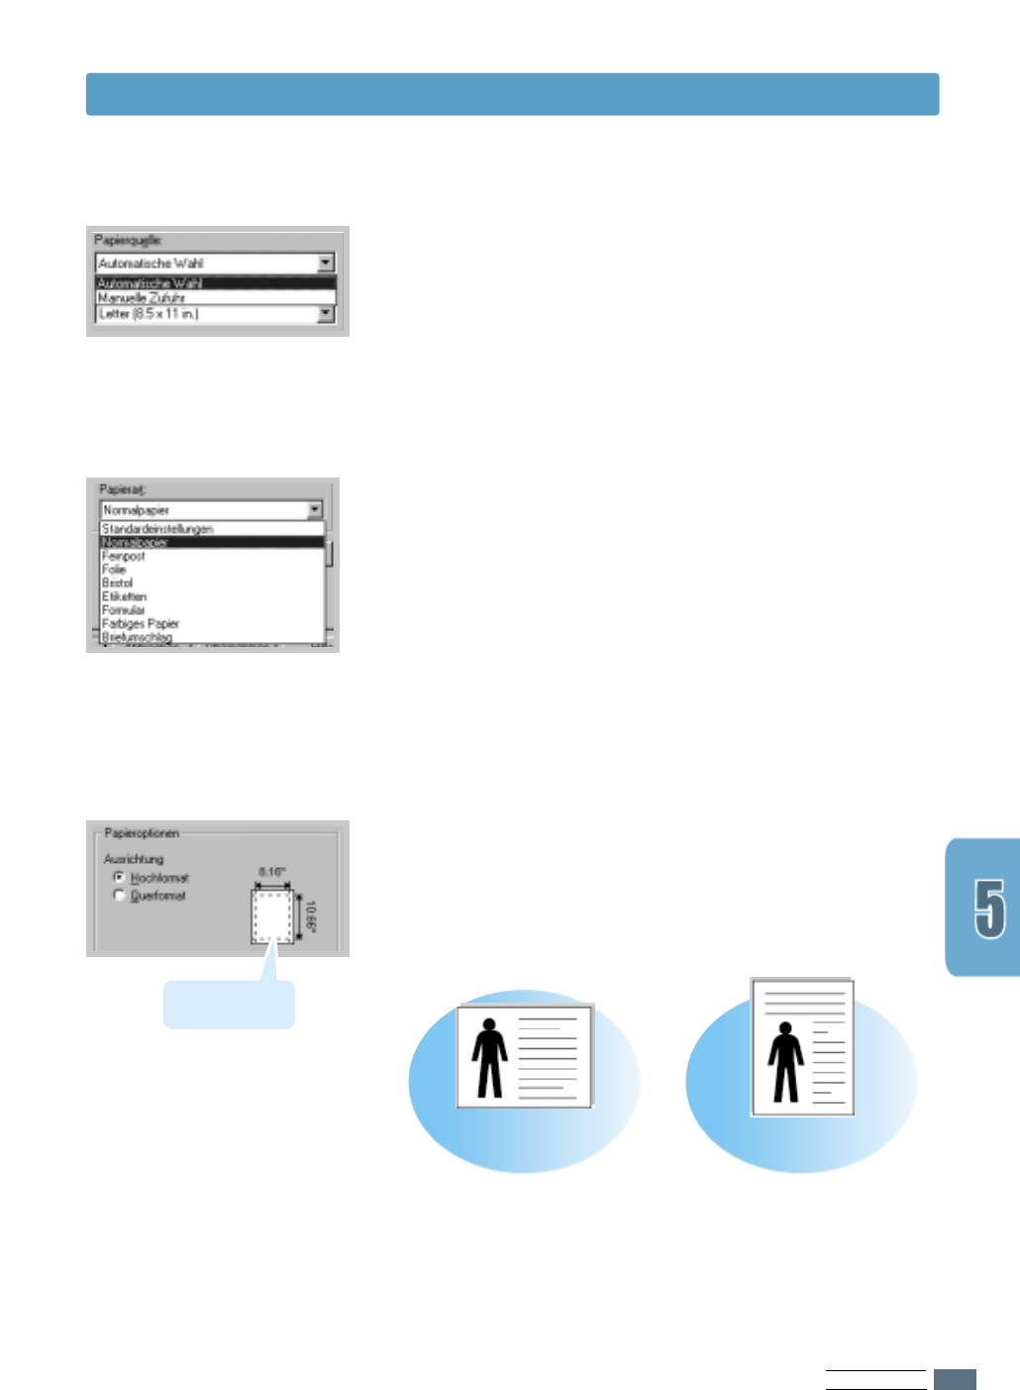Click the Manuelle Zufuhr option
[142, 297]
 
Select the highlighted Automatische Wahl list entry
[150, 283]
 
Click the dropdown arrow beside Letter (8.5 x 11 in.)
[325, 314]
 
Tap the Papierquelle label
[128, 240]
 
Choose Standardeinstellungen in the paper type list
[157, 529]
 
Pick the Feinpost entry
[124, 557]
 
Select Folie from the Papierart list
[115, 570]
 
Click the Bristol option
[118, 584]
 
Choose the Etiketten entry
[125, 597]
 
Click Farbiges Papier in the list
[141, 624]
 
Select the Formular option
[124, 610]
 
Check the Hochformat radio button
[120, 878]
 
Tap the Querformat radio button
[120, 896]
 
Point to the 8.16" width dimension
[272, 872]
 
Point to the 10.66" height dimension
[311, 917]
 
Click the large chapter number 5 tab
[988, 908]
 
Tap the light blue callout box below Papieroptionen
[229, 1005]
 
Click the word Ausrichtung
[134, 859]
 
